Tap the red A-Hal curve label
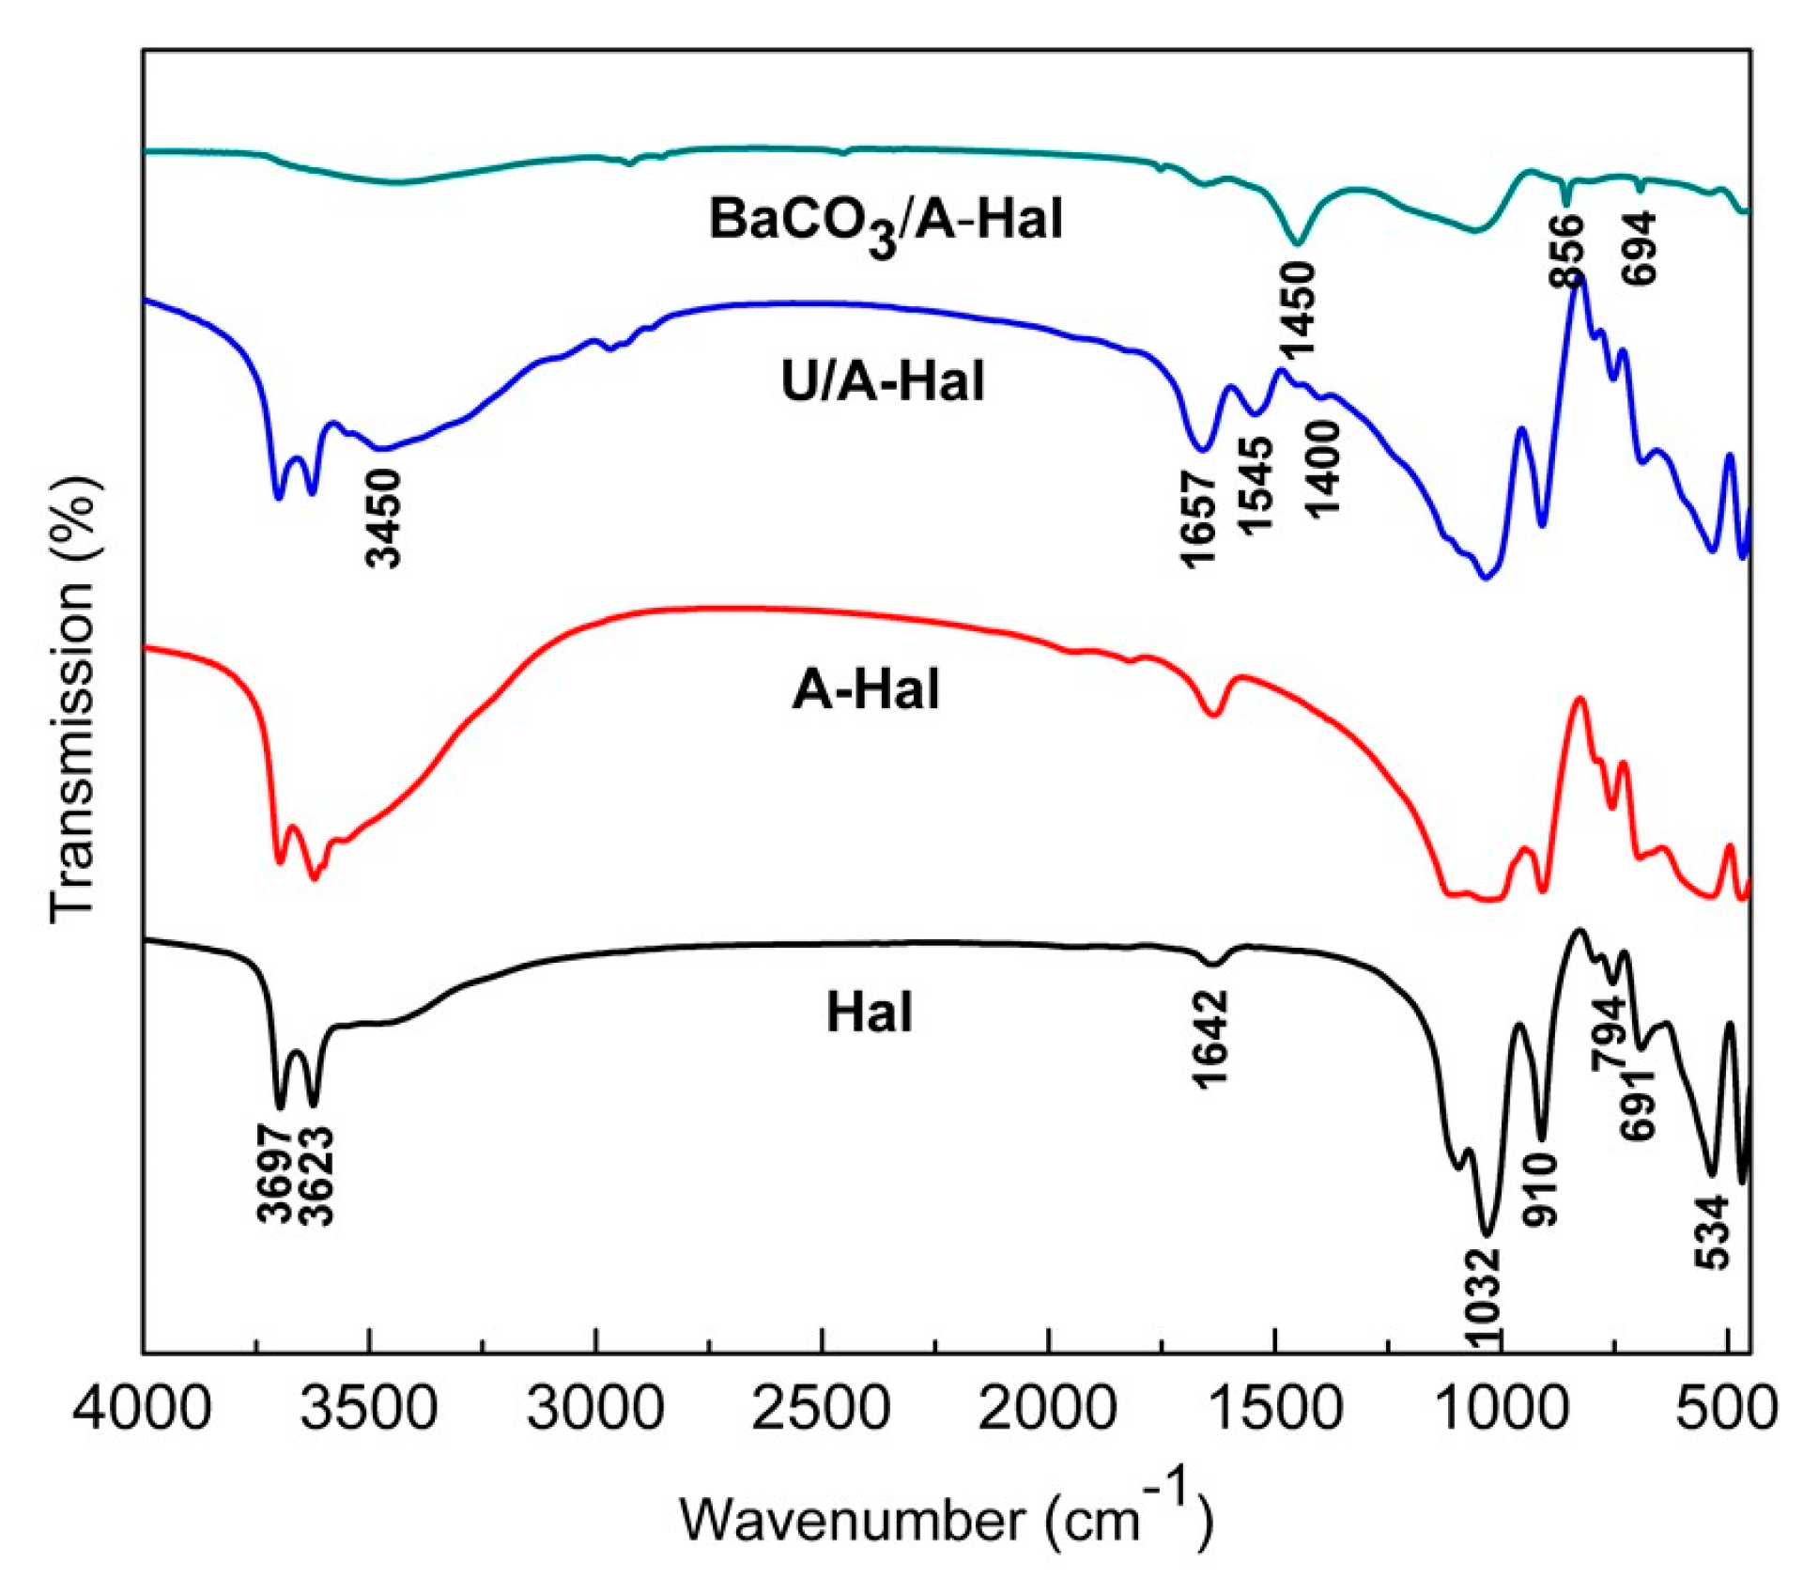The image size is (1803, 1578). pos(865,690)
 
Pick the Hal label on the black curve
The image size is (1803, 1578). pos(869,1013)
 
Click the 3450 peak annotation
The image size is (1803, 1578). pos(384,518)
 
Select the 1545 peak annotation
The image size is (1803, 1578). pos(1256,486)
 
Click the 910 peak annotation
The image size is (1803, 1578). pos(1540,1190)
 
